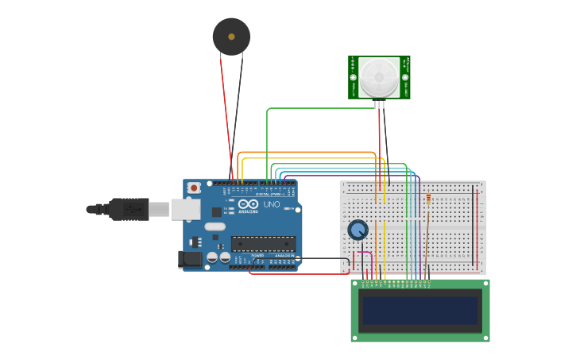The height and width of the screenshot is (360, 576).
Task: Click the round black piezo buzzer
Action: [x=231, y=37]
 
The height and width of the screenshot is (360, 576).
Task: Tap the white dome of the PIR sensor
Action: [x=379, y=77]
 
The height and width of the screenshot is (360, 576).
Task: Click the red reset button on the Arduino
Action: [x=194, y=188]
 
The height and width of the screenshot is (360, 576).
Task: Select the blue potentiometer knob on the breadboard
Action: [x=358, y=230]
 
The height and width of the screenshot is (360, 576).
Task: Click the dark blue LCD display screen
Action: [x=419, y=311]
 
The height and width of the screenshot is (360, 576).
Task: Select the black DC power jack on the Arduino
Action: [x=190, y=258]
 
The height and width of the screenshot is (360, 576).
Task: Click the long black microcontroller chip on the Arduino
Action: [x=263, y=244]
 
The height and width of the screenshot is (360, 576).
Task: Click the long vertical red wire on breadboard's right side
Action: [x=477, y=230]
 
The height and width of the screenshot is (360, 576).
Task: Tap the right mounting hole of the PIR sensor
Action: [x=405, y=77]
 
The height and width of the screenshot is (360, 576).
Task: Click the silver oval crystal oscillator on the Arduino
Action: [x=215, y=226]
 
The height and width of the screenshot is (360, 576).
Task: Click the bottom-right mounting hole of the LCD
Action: [x=484, y=337]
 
